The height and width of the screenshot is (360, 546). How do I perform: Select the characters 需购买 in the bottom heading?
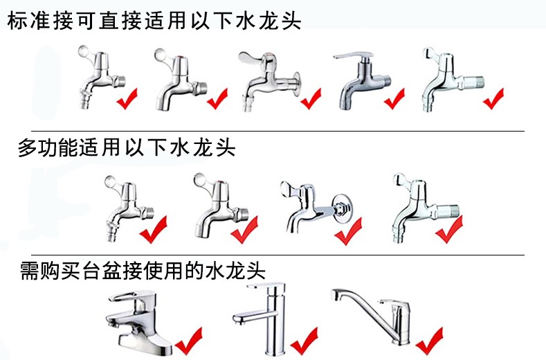click(x=51, y=271)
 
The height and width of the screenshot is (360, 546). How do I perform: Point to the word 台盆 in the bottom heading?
click(x=102, y=271)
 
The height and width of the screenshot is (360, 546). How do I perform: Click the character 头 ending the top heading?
click(x=291, y=20)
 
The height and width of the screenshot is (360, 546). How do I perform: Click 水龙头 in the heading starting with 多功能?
click(x=203, y=147)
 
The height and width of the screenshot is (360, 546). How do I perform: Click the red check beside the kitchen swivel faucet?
click(x=429, y=341)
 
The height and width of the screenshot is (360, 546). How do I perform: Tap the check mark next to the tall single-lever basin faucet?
click(x=304, y=341)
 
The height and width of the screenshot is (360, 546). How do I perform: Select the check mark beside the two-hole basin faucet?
click(x=189, y=341)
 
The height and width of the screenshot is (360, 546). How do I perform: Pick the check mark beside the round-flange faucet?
click(x=311, y=98)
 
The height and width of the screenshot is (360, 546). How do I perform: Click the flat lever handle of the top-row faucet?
click(x=353, y=55)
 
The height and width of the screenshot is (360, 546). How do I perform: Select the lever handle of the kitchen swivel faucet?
click(x=390, y=303)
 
